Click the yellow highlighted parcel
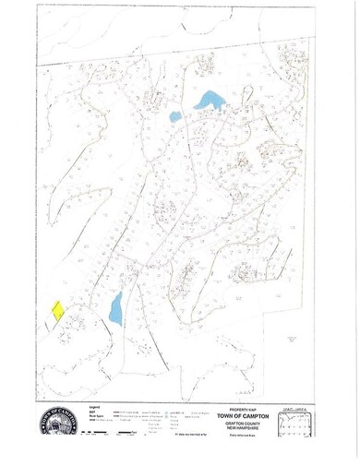[x=55, y=310]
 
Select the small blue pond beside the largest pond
[x=174, y=116]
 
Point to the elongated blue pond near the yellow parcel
[x=115, y=308]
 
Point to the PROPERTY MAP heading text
[x=238, y=411]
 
